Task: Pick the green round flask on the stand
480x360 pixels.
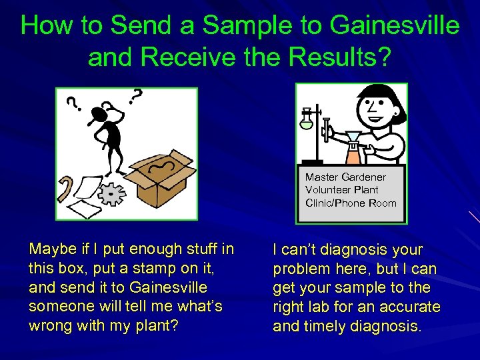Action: pyautogui.click(x=307, y=122)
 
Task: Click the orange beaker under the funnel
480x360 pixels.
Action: pyautogui.click(x=353, y=155)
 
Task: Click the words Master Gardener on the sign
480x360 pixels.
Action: pyautogui.click(x=345, y=177)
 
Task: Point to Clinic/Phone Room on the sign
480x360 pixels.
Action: pyautogui.click(x=351, y=203)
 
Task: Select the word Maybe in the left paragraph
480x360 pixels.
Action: pyautogui.click(x=51, y=249)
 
